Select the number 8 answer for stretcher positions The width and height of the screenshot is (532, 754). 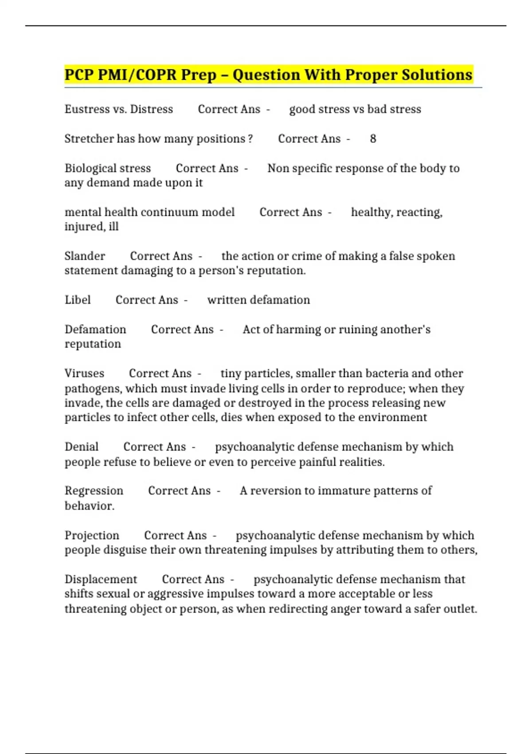pyautogui.click(x=373, y=139)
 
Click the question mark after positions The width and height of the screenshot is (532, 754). pyautogui.click(x=250, y=139)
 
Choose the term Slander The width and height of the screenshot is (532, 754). pyautogui.click(x=85, y=256)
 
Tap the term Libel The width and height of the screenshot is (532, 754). pyautogui.click(x=78, y=300)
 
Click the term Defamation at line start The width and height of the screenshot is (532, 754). pyautogui.click(x=95, y=330)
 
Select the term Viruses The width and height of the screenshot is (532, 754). pyautogui.click(x=84, y=373)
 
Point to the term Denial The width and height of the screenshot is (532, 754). pyautogui.click(x=82, y=447)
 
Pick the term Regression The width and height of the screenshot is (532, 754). pyautogui.click(x=94, y=491)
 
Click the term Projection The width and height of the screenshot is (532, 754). pyautogui.click(x=92, y=535)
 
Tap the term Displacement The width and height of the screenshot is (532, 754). pyautogui.click(x=101, y=579)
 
